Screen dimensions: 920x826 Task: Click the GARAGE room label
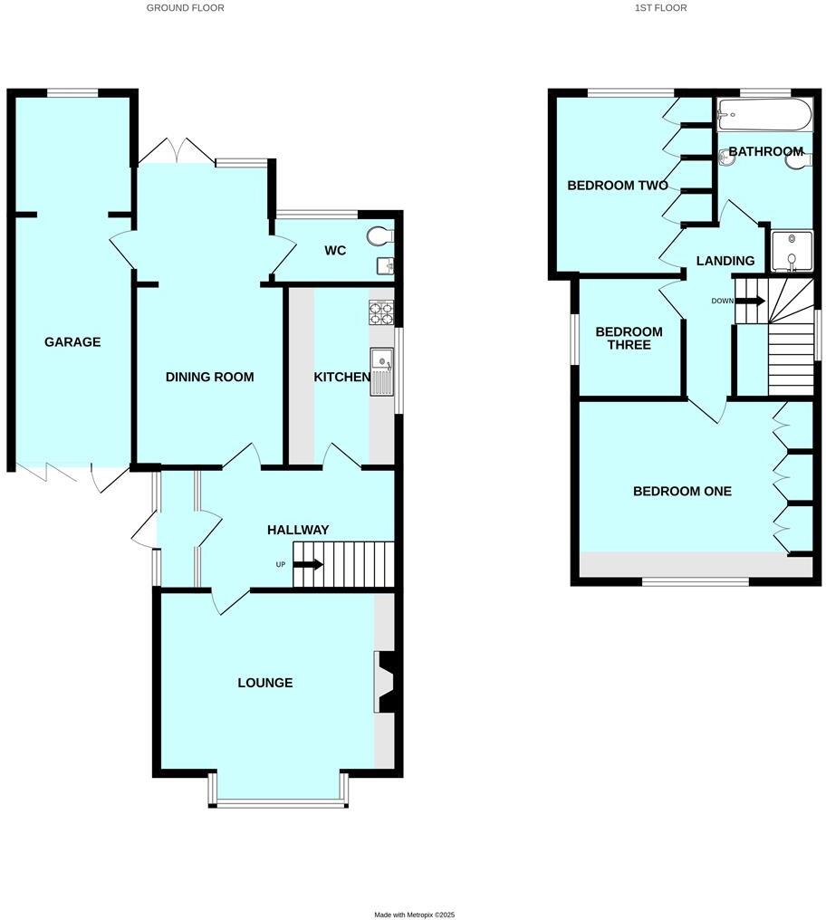72,342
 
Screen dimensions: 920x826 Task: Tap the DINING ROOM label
209,377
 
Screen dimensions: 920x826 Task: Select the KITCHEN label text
341,377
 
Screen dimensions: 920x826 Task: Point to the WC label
335,250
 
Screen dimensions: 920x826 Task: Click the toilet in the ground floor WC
381,236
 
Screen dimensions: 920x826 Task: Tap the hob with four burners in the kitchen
381,313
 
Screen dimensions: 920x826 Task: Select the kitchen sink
381,371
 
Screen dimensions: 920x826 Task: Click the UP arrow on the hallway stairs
308,565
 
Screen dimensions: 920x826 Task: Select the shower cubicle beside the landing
791,251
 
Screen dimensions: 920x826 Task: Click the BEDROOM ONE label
682,492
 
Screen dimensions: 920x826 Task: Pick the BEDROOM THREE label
629,338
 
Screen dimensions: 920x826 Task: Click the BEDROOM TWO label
618,186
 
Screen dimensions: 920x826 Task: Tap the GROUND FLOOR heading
186,7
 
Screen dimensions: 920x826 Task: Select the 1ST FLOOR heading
661,7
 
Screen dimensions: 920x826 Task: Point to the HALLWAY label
298,530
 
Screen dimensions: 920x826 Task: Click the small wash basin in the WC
386,265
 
